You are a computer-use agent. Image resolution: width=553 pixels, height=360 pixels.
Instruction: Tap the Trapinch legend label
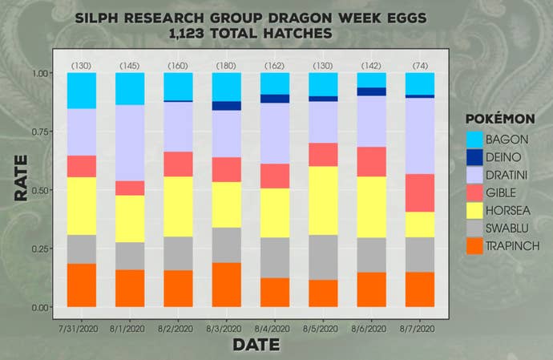tap(514, 246)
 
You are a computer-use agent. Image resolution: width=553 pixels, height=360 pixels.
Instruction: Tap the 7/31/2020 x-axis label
tap(80, 329)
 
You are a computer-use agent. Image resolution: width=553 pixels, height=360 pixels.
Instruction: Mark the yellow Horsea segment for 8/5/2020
tap(323, 200)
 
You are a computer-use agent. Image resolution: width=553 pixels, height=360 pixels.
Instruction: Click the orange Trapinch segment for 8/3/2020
tap(226, 285)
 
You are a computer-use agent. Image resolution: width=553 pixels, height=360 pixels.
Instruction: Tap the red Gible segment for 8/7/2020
tap(419, 192)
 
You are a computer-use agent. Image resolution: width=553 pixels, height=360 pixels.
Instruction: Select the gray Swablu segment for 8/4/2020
tap(275, 257)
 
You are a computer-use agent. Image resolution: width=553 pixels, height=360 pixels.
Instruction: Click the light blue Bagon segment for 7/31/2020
tap(82, 91)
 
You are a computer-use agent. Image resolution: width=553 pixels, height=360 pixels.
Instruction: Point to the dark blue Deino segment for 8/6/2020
tap(371, 91)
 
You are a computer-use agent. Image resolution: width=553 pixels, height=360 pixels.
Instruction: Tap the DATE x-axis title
tap(256, 346)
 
